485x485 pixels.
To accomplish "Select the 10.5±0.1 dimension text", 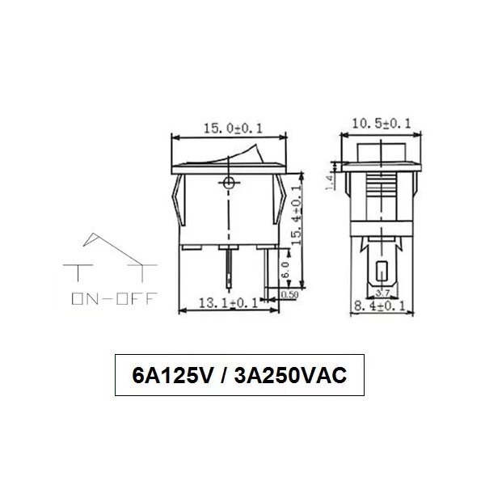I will pyautogui.click(x=382, y=123).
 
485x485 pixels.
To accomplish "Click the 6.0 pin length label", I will pyautogui.click(x=283, y=269).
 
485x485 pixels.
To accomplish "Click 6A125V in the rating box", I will pyautogui.click(x=171, y=376).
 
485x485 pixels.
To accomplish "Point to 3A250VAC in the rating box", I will pyautogui.click(x=289, y=376).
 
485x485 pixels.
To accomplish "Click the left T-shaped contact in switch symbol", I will pyautogui.click(x=78, y=270).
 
